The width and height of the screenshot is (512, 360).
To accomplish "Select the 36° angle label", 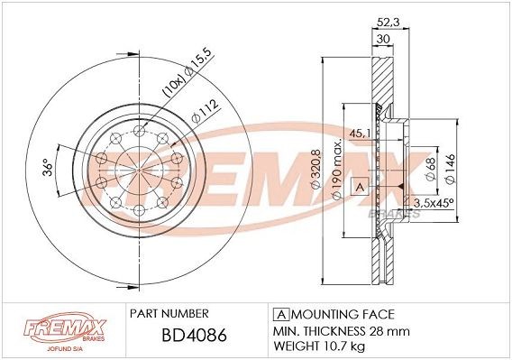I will pos(46,170).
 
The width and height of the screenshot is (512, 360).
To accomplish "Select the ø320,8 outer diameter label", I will pos(316,171).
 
